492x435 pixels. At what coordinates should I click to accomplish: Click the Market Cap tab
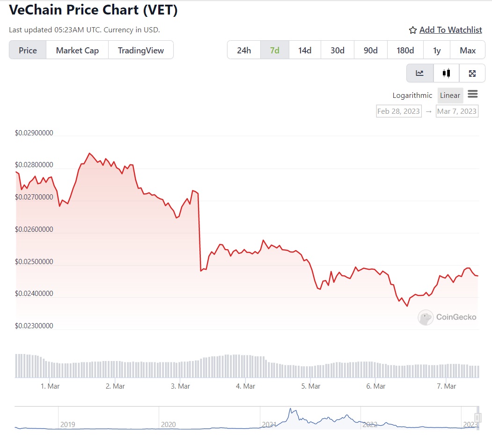(x=77, y=51)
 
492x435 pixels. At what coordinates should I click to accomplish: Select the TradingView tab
(x=140, y=51)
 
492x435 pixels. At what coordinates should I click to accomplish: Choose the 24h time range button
(x=243, y=51)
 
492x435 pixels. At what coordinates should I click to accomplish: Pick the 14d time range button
(x=305, y=51)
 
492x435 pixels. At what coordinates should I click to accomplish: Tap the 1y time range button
(x=437, y=51)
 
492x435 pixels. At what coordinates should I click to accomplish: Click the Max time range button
(x=468, y=51)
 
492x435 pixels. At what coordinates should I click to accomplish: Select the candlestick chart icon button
(x=446, y=73)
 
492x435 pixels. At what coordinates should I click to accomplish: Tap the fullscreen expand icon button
(x=472, y=73)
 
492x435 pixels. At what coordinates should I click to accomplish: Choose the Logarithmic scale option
(x=412, y=96)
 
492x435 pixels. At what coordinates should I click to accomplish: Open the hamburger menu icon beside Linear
(x=472, y=95)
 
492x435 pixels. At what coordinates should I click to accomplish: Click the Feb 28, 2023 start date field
(x=398, y=111)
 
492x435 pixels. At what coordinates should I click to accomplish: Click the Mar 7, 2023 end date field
(x=456, y=111)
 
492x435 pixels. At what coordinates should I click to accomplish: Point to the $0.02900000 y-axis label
(x=34, y=133)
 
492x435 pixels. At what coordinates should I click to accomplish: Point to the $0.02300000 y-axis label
(x=34, y=326)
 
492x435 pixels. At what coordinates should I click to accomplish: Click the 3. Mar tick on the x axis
(x=180, y=386)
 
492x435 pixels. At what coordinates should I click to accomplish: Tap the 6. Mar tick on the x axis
(x=376, y=386)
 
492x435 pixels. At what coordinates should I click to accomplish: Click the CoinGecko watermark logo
(x=447, y=317)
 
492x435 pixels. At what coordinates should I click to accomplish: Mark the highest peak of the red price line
(x=89, y=153)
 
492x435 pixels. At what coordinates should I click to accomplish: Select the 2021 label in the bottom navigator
(x=269, y=425)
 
